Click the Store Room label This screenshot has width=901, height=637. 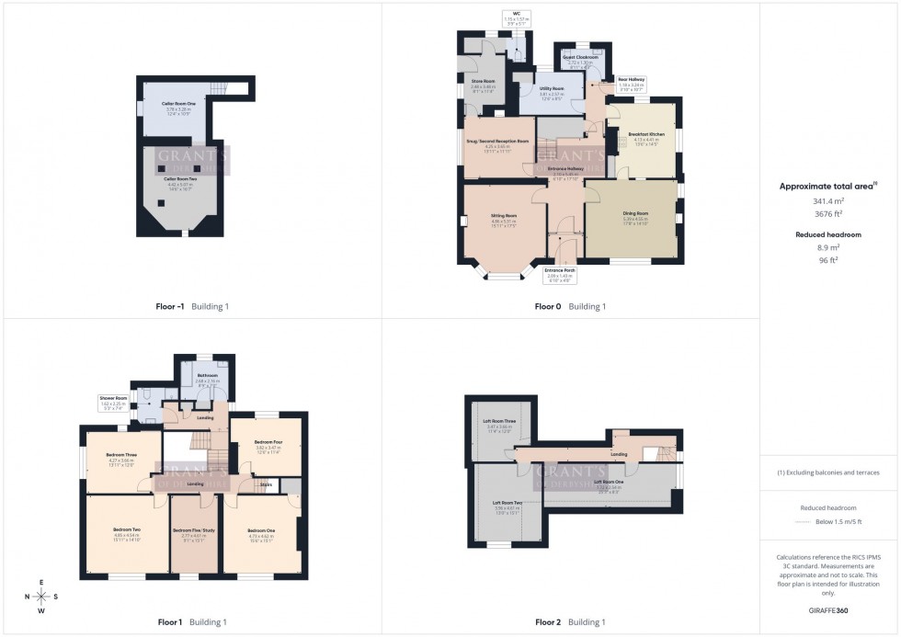(483, 82)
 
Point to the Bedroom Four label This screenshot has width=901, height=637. (266, 443)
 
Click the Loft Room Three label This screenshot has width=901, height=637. (500, 422)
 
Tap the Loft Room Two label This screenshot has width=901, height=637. (507, 503)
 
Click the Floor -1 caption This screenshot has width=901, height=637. (171, 306)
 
